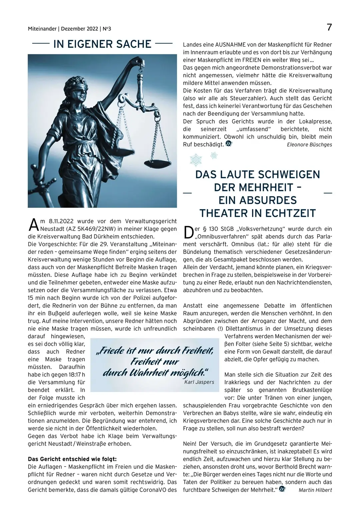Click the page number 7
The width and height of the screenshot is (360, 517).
coord(329,27)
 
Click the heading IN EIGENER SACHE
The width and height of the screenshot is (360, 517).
coord(102,44)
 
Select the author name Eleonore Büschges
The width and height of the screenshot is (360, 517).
coord(309,144)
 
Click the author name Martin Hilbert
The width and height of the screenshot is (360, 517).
coord(315,490)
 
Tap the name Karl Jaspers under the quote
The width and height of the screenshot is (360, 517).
coord(199,382)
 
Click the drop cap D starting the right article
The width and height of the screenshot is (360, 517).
coord(188,232)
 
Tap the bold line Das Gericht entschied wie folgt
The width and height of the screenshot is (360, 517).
coord(72,459)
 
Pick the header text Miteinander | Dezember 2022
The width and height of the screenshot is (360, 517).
coord(63,29)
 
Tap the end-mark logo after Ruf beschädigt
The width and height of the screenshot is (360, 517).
coord(229,144)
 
